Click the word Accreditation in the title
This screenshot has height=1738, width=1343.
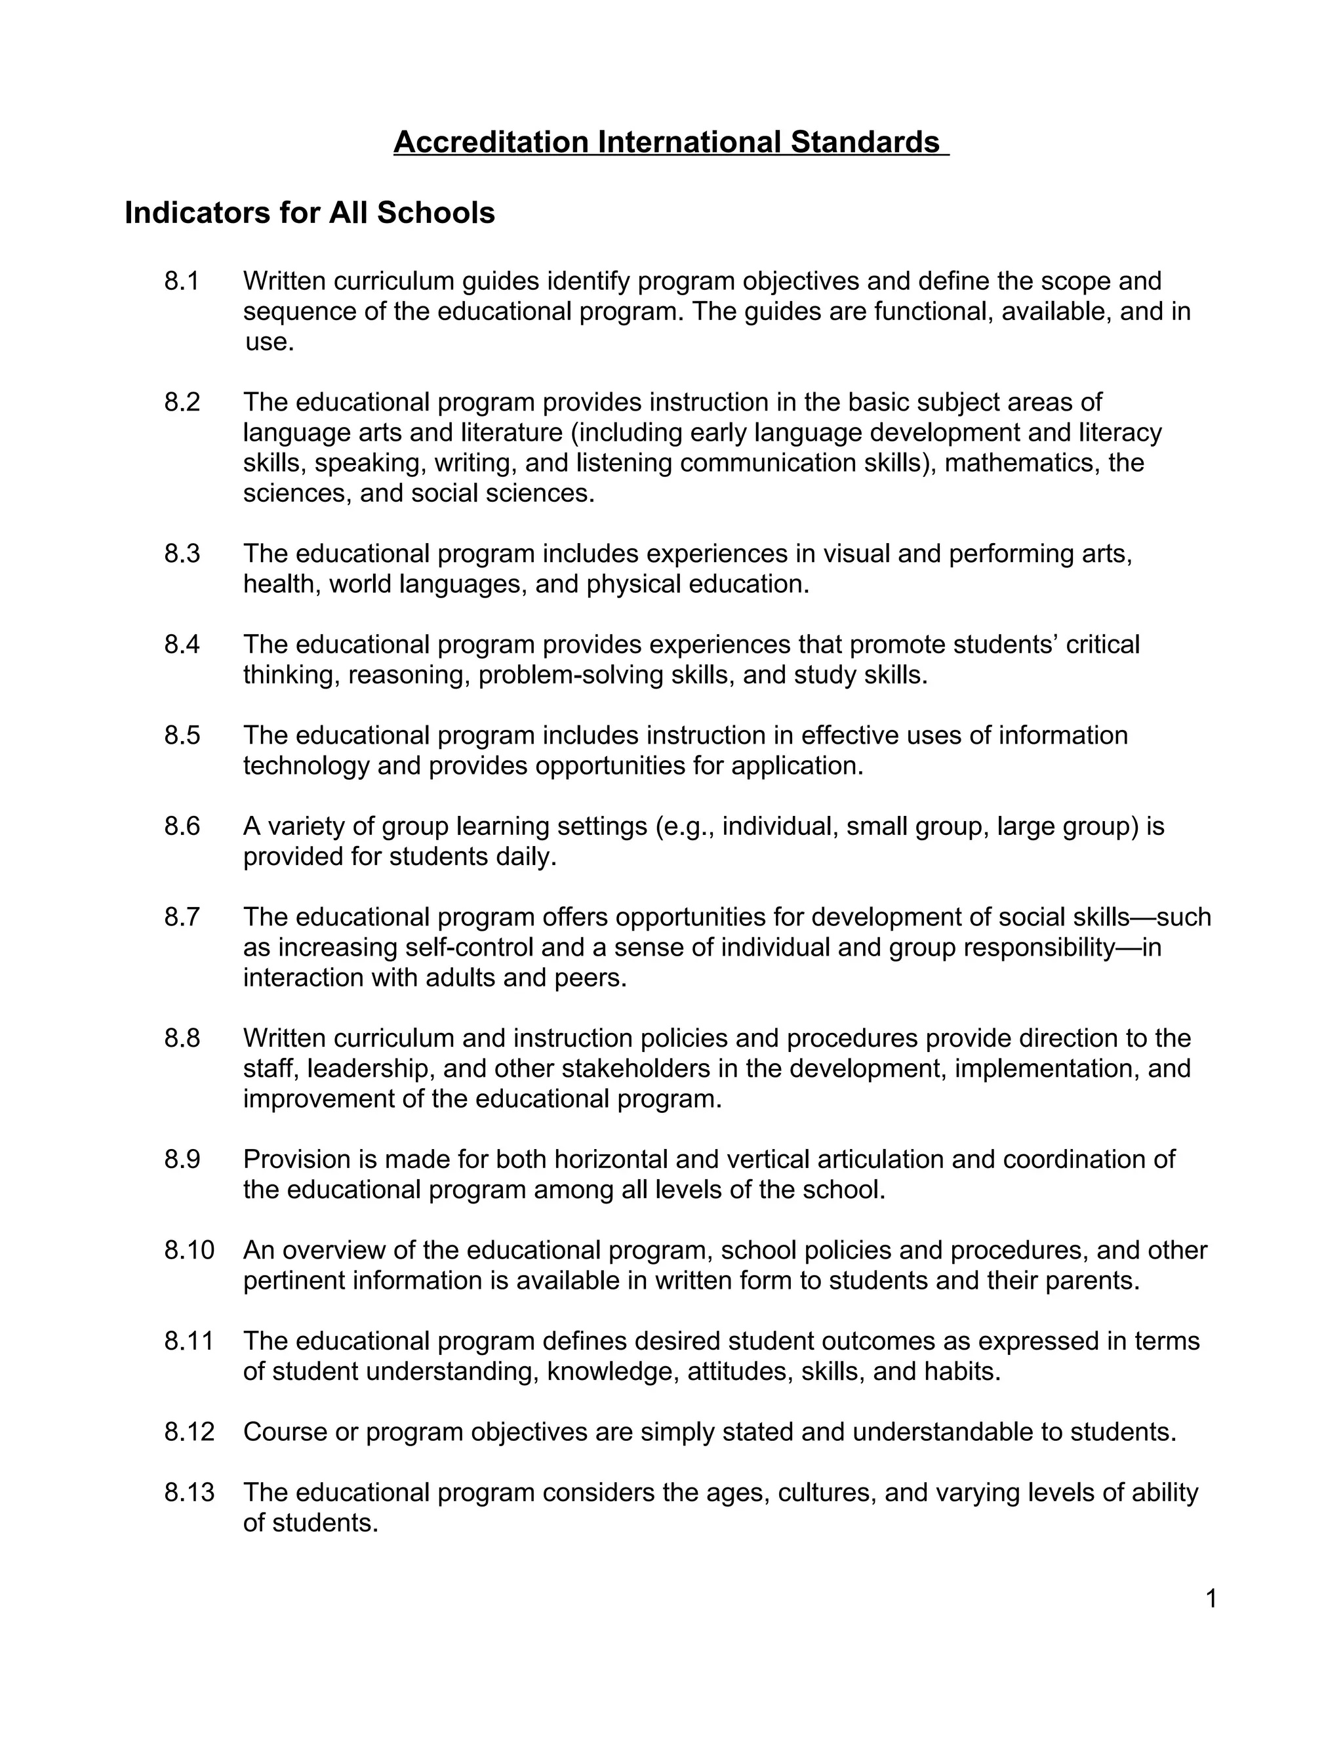[x=491, y=142]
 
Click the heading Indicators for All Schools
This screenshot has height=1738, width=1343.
[x=310, y=213]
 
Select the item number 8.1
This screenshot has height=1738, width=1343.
[x=182, y=281]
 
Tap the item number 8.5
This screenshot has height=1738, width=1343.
[x=182, y=735]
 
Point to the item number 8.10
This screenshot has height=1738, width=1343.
[x=190, y=1250]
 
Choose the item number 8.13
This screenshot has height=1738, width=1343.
[x=190, y=1492]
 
